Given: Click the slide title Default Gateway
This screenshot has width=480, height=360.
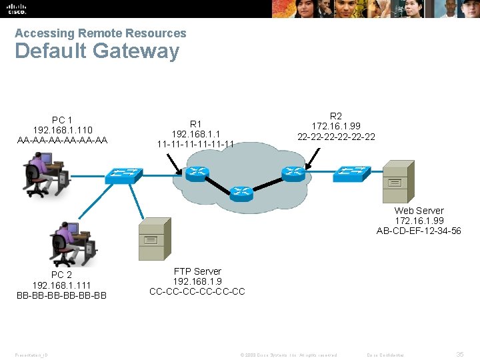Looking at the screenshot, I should coord(97,51).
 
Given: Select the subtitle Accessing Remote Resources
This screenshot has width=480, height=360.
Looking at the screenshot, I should coord(101,33).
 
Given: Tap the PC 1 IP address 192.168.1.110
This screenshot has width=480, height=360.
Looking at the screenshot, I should coord(63,130).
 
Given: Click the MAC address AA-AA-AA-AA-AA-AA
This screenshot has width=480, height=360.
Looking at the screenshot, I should coord(63,140).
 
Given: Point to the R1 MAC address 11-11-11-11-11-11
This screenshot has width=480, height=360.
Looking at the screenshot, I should coord(195,143).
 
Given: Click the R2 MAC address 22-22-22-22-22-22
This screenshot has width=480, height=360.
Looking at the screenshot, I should coord(336,137).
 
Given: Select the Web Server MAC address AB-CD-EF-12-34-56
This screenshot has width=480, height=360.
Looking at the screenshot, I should coord(419,231).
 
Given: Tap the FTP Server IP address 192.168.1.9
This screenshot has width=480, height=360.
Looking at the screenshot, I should coord(197,281).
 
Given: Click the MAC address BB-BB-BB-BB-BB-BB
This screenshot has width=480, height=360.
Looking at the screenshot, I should coord(61,295).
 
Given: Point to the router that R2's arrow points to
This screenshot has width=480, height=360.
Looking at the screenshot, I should coord(293,173).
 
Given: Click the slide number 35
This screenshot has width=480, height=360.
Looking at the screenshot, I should coord(460,355).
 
